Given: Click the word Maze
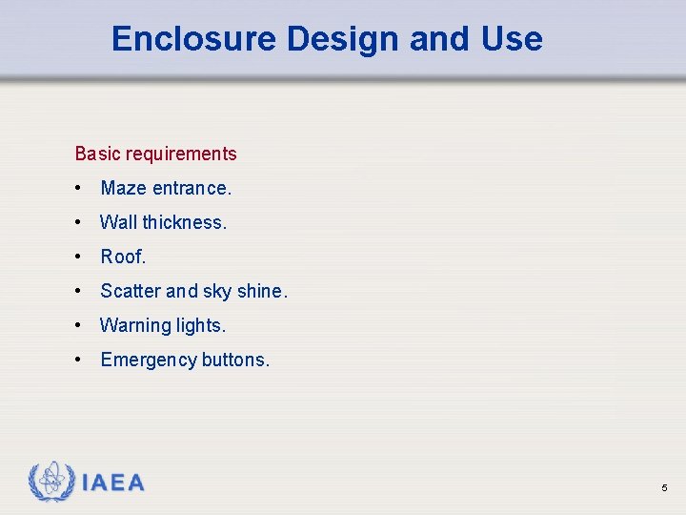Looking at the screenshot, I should pyautogui.click(x=124, y=188).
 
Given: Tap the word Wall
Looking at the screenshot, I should pyautogui.click(x=119, y=222).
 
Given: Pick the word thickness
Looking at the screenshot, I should pyautogui.click(x=184, y=222).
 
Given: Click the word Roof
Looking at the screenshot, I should pyautogui.click(x=123, y=257).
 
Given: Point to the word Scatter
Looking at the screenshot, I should pyautogui.click(x=131, y=291).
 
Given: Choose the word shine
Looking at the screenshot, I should pyautogui.click(x=261, y=291).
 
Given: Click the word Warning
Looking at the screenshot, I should pyautogui.click(x=134, y=325).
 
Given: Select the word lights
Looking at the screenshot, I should pyautogui.click(x=200, y=325).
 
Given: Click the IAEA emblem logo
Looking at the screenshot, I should pyautogui.click(x=50, y=482).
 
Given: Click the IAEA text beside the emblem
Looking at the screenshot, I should pyautogui.click(x=113, y=483).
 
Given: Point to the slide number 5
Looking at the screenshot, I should pyautogui.click(x=664, y=488).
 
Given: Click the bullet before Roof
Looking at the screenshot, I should pyautogui.click(x=79, y=257).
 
